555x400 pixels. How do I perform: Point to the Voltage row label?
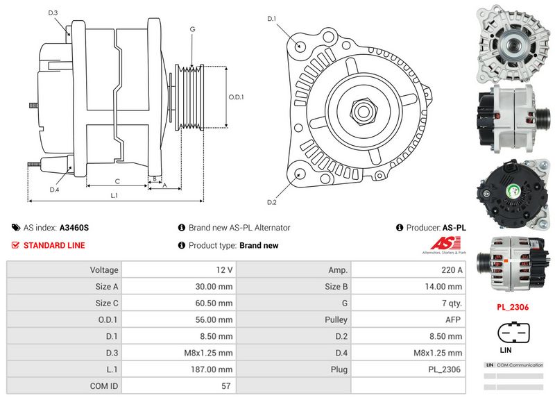[104, 269]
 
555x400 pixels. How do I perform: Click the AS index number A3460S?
[74, 228]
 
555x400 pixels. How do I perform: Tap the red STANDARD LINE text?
[54, 245]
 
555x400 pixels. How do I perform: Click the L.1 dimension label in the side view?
[114, 196]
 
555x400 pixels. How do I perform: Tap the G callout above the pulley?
[191, 29]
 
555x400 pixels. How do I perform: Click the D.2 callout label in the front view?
[272, 202]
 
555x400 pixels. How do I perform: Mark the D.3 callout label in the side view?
[53, 13]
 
